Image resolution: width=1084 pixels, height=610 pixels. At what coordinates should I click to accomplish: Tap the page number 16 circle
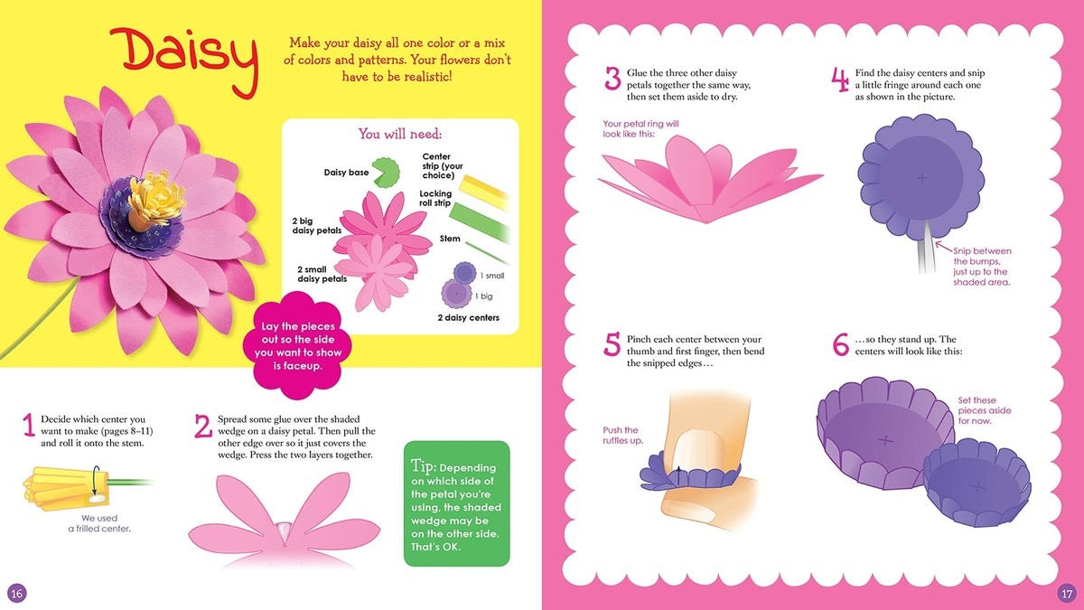[x=16, y=593]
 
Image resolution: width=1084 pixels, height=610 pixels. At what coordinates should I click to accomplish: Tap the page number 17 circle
[x=1066, y=593]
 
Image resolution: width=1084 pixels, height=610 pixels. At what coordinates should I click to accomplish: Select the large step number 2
[x=203, y=426]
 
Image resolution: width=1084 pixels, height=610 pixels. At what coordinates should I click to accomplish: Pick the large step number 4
[x=840, y=80]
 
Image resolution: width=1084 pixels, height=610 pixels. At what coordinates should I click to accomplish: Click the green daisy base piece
[x=387, y=171]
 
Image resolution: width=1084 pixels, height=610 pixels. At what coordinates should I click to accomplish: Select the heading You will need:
[x=399, y=135]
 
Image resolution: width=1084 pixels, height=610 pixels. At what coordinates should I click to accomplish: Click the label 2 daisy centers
[x=468, y=318]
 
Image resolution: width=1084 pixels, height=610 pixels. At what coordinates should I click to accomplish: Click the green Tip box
[x=456, y=503]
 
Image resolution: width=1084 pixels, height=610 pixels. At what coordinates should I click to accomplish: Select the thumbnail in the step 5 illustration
[x=693, y=445]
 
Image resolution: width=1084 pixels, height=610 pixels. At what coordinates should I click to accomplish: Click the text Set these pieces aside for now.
[x=977, y=410]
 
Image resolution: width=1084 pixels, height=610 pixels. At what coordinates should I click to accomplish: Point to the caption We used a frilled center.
[x=99, y=523]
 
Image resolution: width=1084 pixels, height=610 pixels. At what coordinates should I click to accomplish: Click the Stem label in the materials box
[x=450, y=239]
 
